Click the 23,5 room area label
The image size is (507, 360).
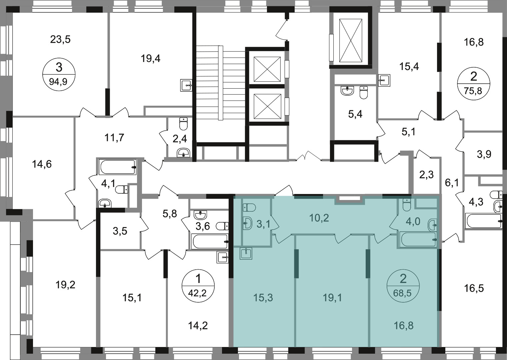60,40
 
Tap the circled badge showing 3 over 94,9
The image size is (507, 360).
59,74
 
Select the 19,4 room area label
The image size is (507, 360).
151,59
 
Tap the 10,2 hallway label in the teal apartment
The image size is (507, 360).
319,218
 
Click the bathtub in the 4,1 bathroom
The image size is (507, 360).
118,167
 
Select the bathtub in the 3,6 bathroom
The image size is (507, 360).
210,241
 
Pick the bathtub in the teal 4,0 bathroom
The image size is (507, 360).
418,239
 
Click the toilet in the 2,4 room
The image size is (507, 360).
183,124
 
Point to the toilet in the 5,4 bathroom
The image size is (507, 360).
364,93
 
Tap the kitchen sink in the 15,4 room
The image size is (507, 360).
384,80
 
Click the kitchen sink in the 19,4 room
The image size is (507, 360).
186,85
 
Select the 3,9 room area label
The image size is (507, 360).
484,154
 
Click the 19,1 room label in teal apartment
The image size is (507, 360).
332,298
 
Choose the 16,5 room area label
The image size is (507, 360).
474,288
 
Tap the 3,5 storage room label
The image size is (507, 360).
120,231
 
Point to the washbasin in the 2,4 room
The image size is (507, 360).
183,153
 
